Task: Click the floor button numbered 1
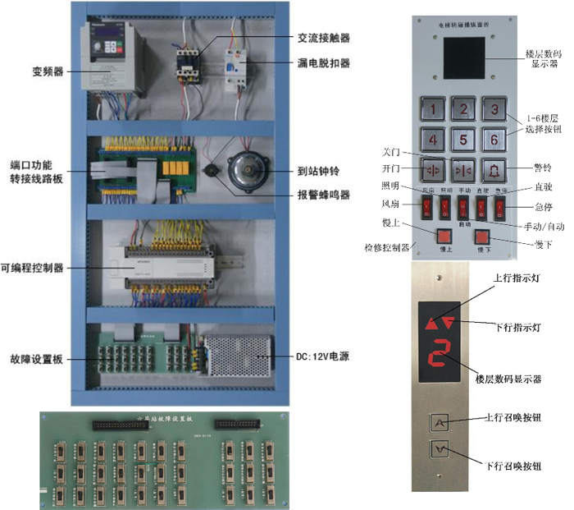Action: (x=434, y=108)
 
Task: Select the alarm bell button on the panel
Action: (x=493, y=169)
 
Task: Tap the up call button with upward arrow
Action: (x=441, y=423)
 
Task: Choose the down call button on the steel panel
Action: (x=441, y=449)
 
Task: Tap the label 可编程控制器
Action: (x=34, y=269)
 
